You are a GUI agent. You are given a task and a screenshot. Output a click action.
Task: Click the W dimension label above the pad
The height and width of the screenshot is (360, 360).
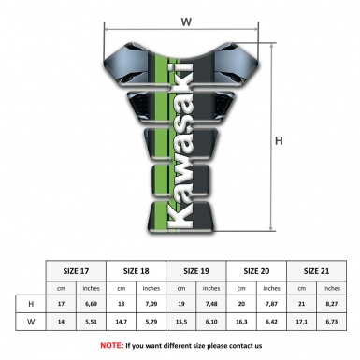coord(185,19)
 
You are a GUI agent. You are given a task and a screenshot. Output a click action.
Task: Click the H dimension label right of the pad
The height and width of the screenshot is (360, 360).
coord(278,142)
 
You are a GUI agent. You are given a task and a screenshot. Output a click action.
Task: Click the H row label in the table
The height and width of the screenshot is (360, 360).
coord(32,305)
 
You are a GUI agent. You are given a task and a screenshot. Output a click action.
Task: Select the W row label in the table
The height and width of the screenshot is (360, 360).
coord(32,324)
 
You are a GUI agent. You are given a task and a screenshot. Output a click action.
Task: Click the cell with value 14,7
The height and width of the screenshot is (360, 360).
coord(122,324)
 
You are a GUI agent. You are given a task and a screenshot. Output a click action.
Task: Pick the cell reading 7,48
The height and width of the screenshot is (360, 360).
coord(212,305)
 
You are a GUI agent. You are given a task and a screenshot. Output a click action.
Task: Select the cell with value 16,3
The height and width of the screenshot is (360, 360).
coord(242,324)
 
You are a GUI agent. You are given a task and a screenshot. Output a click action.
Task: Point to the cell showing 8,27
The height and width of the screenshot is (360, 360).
coord(331,305)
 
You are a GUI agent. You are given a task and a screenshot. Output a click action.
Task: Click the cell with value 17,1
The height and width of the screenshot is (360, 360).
coord(301,324)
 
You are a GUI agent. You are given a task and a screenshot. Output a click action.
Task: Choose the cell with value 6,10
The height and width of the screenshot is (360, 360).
coord(212,324)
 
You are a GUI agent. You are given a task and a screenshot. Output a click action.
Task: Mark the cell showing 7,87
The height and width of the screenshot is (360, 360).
coord(272,305)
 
